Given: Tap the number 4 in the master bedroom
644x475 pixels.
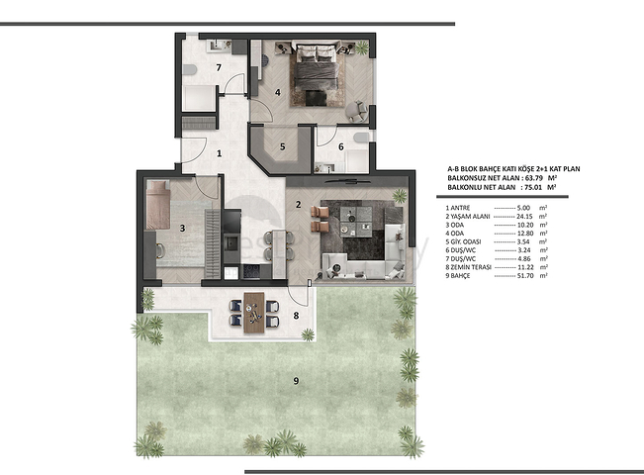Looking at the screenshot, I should [x=279, y=94].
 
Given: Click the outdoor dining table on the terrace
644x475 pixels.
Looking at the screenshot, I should [x=253, y=309].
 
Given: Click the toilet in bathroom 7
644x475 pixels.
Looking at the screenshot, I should [x=190, y=70].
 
